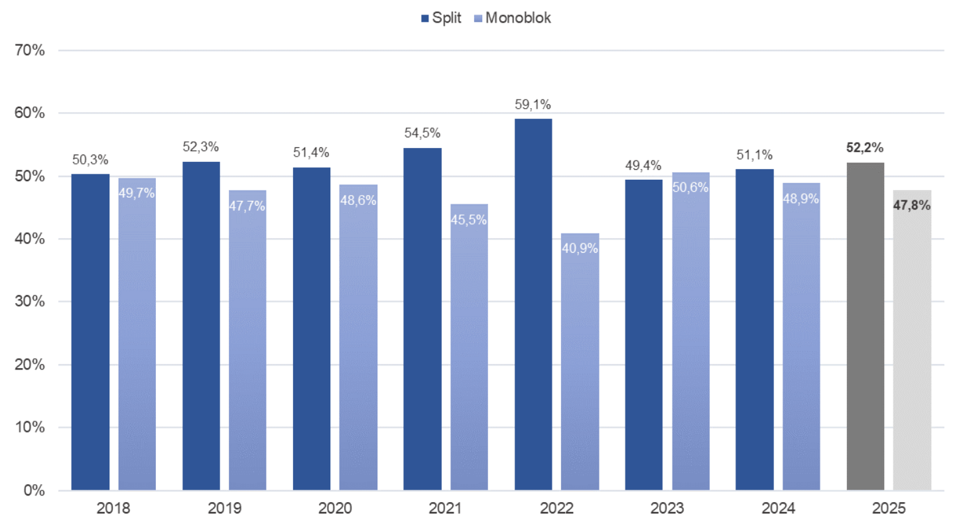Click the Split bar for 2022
click(533, 304)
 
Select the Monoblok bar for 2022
click(580, 371)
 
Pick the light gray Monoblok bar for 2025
click(912, 352)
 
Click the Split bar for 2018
click(90, 332)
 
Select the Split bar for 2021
click(422, 319)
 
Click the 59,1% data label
click(533, 104)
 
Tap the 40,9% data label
click(580, 249)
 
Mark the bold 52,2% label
click(865, 147)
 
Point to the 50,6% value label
click(690, 188)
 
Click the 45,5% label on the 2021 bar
click(469, 220)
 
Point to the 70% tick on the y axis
click(29, 50)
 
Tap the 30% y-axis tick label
click(29, 302)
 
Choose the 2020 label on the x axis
click(335, 509)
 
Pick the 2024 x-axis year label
click(777, 509)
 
